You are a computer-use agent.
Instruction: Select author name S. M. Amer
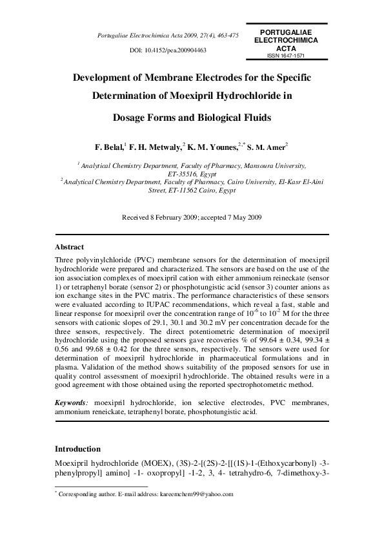(x=266, y=147)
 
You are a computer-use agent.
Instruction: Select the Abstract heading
(x=69, y=247)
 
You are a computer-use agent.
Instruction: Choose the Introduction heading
(x=77, y=448)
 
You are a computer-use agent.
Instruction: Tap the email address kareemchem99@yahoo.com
(x=198, y=494)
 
